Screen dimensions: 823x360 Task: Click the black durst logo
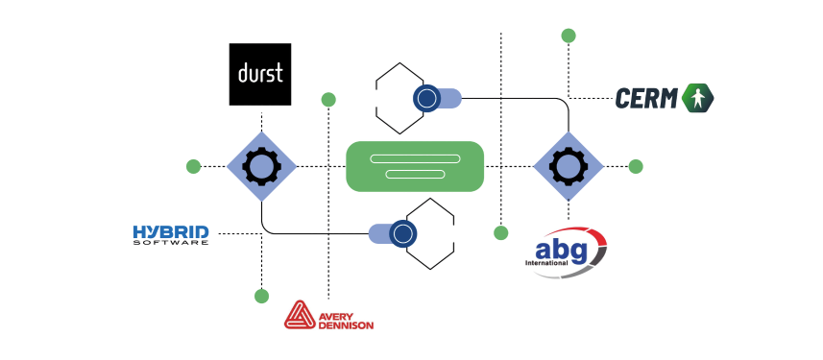(x=260, y=75)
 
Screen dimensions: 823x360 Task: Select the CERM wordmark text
(x=646, y=99)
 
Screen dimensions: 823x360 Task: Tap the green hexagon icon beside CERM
(x=697, y=98)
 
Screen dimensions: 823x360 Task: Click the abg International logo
(x=566, y=252)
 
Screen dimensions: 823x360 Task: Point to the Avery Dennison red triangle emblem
(x=300, y=315)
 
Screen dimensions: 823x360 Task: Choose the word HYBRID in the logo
(x=171, y=232)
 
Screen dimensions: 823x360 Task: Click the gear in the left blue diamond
(x=261, y=166)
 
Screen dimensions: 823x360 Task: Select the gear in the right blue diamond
(x=569, y=166)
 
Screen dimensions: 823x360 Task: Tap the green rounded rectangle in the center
(x=415, y=166)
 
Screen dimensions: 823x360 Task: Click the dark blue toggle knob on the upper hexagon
(x=426, y=98)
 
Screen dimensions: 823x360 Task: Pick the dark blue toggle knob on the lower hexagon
(x=403, y=233)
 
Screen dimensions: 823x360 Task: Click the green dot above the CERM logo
(x=569, y=36)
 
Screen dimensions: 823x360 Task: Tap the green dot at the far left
(x=193, y=166)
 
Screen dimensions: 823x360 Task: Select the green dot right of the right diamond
(x=636, y=166)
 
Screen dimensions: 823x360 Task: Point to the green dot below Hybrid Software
(x=261, y=296)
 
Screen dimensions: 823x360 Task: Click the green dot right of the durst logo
(x=328, y=99)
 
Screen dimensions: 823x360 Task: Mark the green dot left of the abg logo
(x=501, y=233)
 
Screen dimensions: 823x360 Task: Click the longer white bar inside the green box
(x=415, y=159)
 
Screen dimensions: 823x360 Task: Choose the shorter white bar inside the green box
(x=415, y=174)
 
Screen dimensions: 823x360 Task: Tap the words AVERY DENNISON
(x=346, y=322)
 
